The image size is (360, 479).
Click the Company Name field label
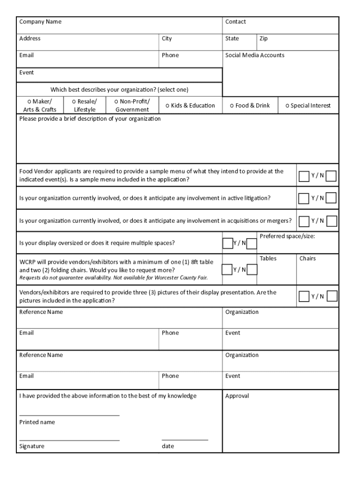(40, 22)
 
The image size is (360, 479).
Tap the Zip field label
(264, 39)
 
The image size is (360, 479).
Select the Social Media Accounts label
(254, 55)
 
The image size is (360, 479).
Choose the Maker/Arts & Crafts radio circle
(29, 102)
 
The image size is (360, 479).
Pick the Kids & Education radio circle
(167, 106)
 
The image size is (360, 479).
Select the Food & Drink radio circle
(232, 106)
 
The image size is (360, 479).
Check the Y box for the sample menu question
(304, 175)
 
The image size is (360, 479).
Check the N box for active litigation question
(331, 198)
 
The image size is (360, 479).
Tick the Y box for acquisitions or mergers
(304, 220)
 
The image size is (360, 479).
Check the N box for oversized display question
(252, 243)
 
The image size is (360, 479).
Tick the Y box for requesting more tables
(227, 269)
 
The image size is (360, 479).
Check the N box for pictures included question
(332, 296)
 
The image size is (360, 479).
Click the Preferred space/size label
(287, 236)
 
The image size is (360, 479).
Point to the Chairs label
(307, 259)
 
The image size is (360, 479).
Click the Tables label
(268, 259)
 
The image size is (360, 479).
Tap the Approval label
(237, 396)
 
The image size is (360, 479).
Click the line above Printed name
(69, 415)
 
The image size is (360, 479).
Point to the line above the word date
(185, 440)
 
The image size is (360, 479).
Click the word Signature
(32, 446)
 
